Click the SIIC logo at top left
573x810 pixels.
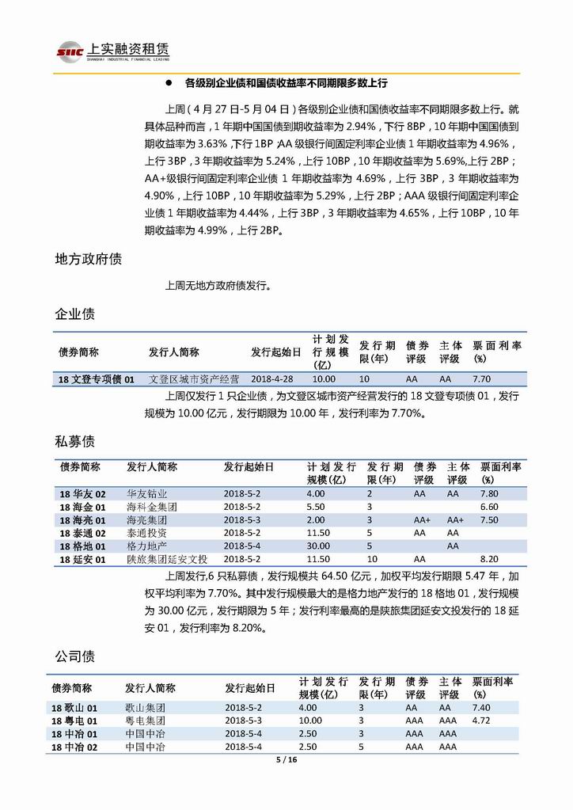tap(70, 51)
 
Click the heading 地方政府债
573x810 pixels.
tap(88, 259)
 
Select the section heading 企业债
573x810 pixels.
tap(75, 314)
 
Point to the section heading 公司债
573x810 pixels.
tap(75, 656)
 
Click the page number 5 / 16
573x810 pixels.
tap(286, 759)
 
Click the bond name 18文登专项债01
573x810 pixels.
tap(97, 379)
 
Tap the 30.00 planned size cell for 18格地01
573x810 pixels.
tap(318, 546)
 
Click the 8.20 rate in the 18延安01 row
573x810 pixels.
tap(488, 560)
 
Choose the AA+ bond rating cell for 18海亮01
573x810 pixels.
tap(422, 520)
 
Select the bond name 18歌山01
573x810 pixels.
tap(74, 707)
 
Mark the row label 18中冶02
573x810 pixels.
tap(74, 747)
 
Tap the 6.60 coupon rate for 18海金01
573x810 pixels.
tap(488, 507)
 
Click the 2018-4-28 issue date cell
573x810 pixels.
tap(271, 379)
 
